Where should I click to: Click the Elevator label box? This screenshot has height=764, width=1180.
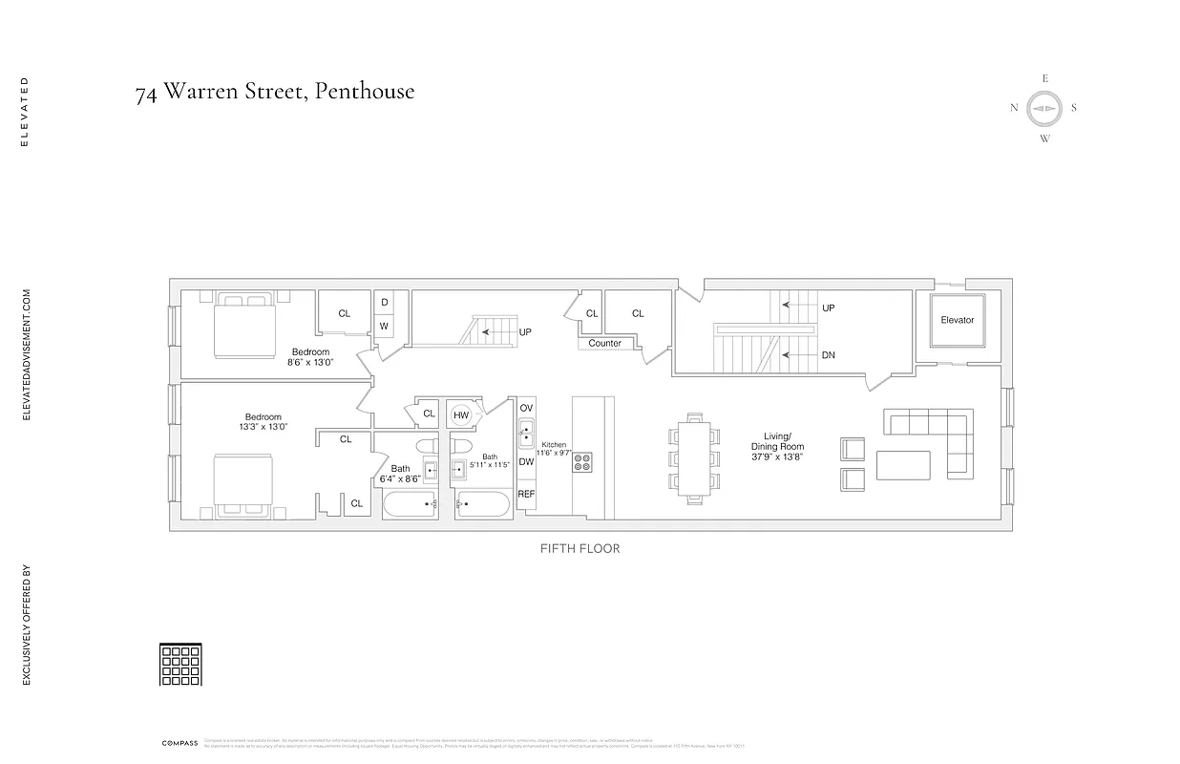coord(957,321)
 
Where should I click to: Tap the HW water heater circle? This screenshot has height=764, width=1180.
coord(462,414)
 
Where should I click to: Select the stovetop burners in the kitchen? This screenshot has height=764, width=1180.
coord(582,462)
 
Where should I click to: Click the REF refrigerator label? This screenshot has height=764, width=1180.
coord(526,494)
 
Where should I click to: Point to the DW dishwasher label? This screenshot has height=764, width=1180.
coord(526,461)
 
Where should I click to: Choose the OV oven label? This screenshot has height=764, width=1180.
coord(526,408)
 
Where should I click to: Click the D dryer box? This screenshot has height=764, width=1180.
coord(384,302)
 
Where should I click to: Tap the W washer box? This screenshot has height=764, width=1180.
coord(384,326)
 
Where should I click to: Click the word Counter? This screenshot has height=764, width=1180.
coord(604,344)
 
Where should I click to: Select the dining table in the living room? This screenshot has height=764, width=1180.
coord(695,456)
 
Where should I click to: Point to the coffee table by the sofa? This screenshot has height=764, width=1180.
coord(902,465)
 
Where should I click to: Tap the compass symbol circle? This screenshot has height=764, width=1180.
coord(1044,108)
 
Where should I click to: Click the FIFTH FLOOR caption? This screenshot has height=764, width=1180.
coord(579,549)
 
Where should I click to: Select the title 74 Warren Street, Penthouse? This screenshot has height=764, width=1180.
coord(275,92)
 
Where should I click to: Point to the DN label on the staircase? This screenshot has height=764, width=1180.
coord(828,355)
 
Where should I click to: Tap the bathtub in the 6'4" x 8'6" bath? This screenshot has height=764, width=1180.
coord(411,503)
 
